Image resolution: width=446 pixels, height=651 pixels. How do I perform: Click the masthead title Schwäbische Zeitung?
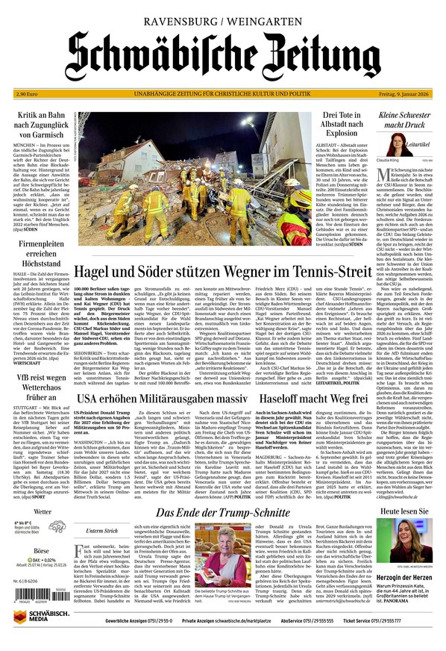pyautogui.click(x=222, y=54)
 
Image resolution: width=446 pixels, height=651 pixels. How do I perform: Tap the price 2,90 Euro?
pyautogui.click(x=28, y=93)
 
